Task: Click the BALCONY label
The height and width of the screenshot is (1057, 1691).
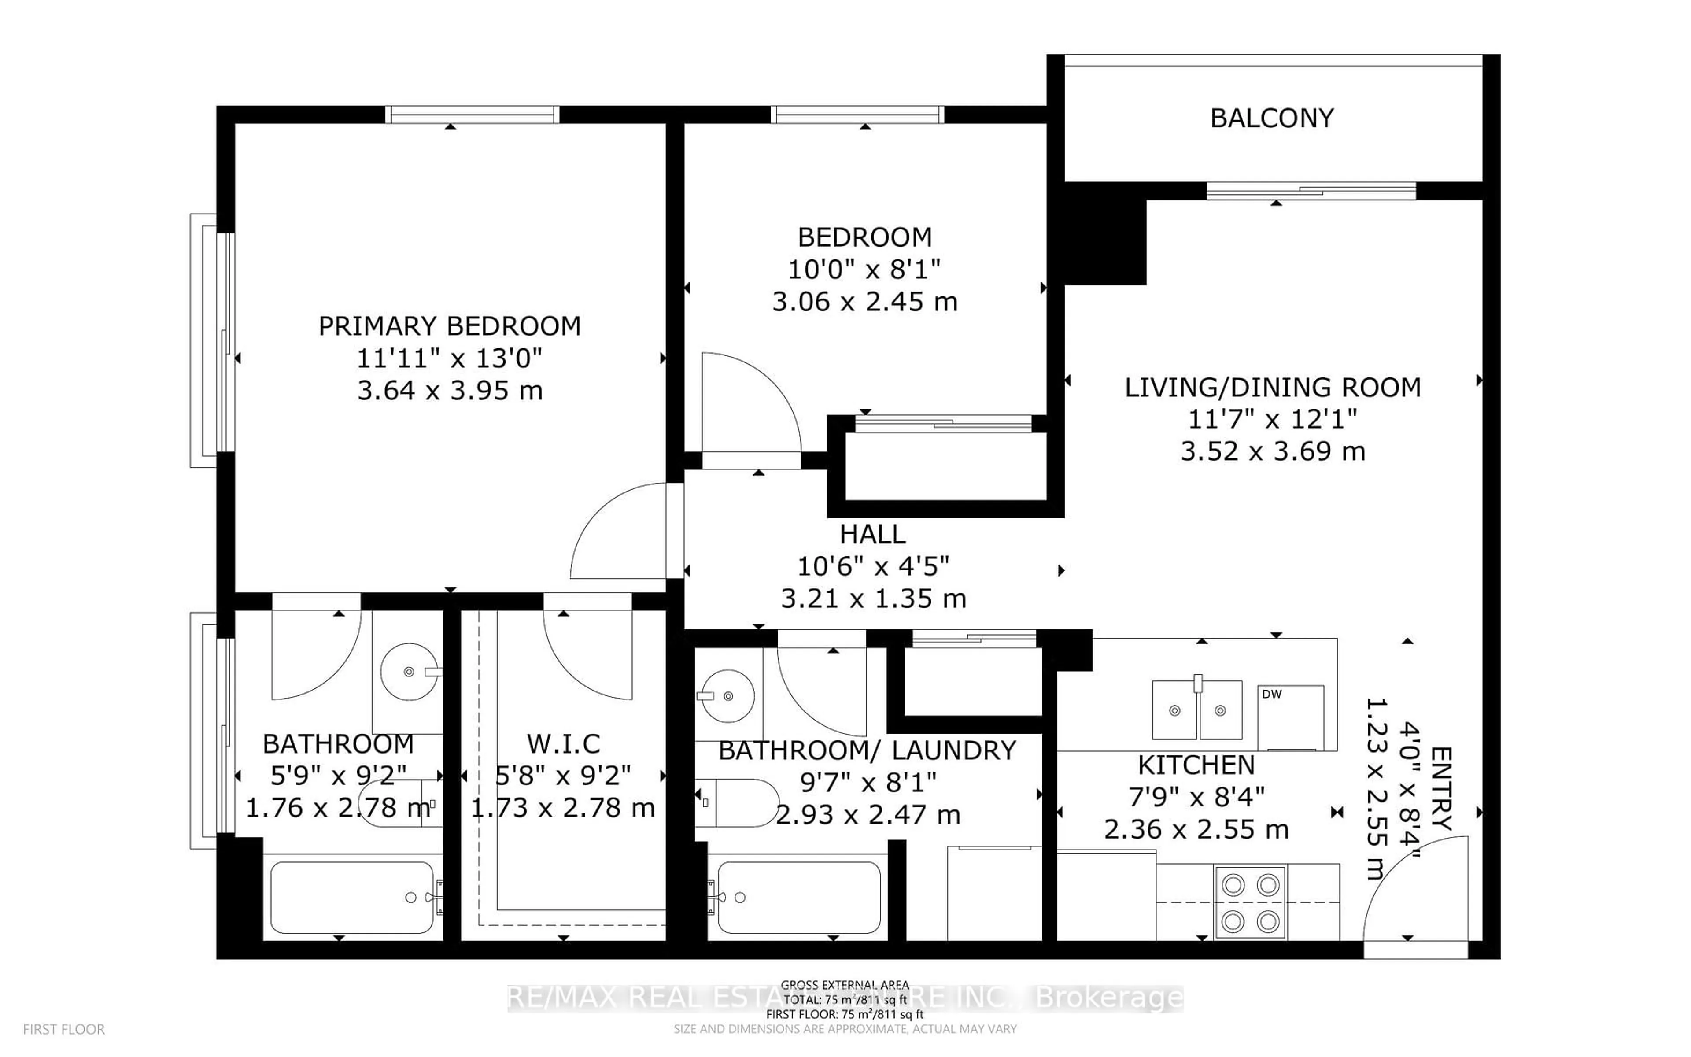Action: click(1272, 118)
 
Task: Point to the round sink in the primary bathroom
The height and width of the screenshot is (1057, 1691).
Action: click(410, 671)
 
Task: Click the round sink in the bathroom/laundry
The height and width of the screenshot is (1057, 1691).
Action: click(728, 696)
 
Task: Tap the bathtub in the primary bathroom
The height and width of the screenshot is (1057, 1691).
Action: click(352, 897)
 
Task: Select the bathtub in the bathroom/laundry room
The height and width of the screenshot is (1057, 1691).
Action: click(799, 897)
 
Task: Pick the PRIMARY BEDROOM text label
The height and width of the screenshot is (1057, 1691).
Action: click(449, 326)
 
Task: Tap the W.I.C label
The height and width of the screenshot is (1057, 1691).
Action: click(563, 744)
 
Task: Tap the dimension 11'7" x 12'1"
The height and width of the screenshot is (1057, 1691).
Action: click(1273, 419)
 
